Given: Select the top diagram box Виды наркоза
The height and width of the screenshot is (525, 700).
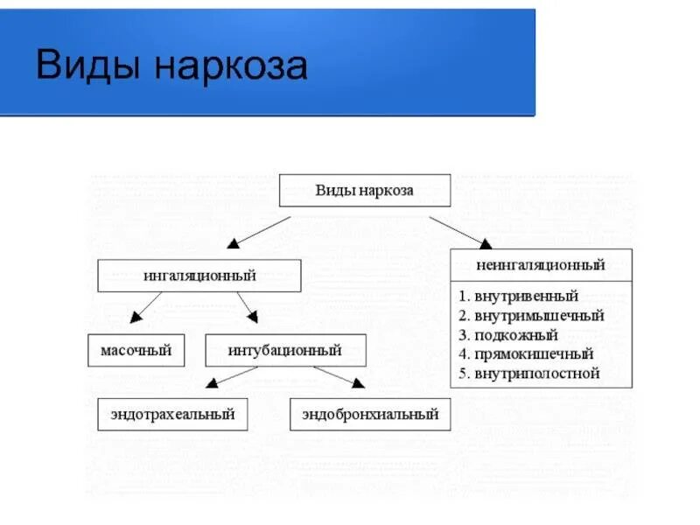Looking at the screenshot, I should [x=364, y=190].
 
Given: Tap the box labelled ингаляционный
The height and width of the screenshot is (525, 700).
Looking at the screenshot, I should [x=199, y=276].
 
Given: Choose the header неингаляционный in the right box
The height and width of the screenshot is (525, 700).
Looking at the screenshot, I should [x=541, y=264].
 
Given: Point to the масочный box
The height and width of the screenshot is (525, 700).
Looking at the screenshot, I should [x=136, y=351].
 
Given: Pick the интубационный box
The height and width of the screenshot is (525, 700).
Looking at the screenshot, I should [x=285, y=351].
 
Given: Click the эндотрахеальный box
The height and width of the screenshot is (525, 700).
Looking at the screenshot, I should [x=172, y=414].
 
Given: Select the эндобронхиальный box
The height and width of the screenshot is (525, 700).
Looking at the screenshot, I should [x=370, y=414].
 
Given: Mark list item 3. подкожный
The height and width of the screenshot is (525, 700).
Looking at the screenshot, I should [x=507, y=335].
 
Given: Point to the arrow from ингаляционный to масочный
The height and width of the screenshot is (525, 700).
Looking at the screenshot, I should [x=146, y=307].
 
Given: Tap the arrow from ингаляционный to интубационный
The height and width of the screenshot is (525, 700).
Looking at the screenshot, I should [x=246, y=307].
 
